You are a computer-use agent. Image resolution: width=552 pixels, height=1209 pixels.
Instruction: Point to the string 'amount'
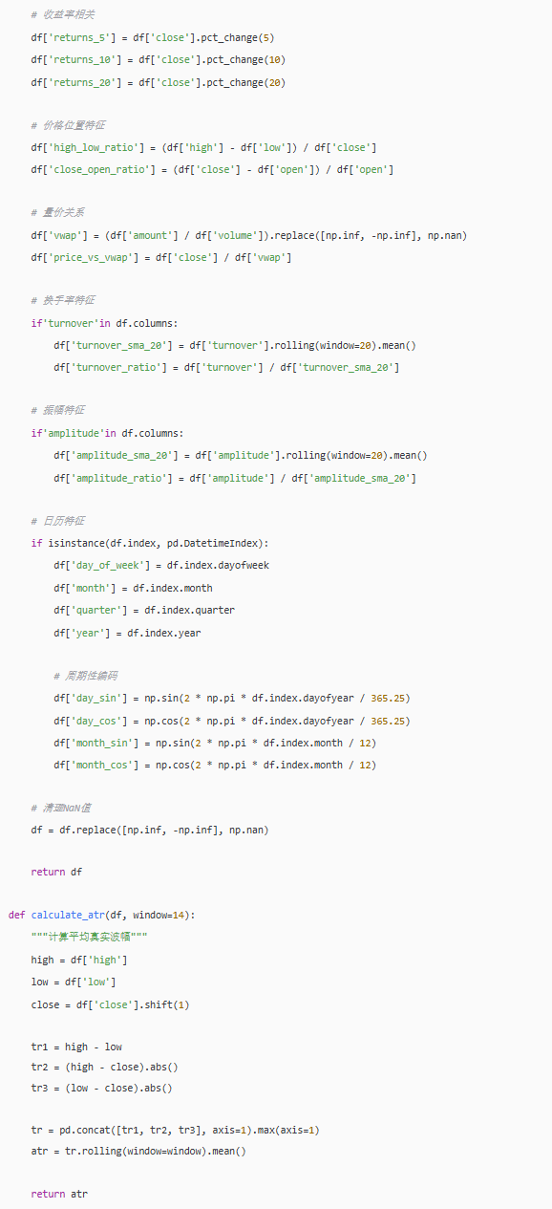point(150,235)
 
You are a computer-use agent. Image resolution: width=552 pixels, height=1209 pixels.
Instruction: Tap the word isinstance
point(76,543)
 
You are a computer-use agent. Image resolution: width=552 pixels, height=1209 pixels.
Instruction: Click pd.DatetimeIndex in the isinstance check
point(215,543)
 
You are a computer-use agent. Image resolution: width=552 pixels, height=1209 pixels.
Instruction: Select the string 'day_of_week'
point(110,565)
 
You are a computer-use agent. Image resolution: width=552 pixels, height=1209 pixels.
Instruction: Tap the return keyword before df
point(48,872)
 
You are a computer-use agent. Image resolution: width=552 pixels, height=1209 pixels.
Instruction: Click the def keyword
point(17,915)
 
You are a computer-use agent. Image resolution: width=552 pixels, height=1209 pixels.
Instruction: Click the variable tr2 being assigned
point(39,1067)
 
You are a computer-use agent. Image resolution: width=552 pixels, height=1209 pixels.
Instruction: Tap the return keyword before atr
point(48,1194)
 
